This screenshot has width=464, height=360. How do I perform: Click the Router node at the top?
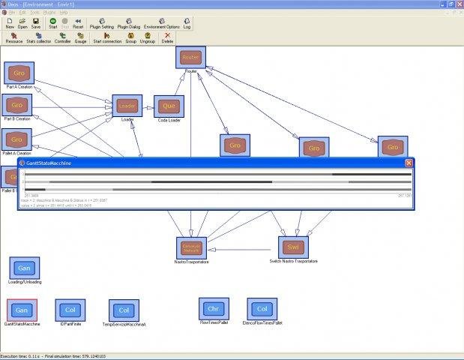point(191,57)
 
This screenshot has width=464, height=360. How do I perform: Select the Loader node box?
point(127,106)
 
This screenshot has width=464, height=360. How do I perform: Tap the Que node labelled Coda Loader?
point(169,106)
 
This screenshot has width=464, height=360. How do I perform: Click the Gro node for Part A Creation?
point(19,73)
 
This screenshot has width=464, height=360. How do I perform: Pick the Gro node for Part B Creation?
point(18,105)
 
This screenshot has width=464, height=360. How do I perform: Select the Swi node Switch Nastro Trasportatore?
point(292,247)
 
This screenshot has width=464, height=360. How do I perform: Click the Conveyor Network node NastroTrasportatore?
point(192,247)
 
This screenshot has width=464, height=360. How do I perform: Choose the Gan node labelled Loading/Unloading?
point(24,268)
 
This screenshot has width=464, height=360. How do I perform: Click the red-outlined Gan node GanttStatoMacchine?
point(22,310)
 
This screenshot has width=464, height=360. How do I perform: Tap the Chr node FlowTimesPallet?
point(213,308)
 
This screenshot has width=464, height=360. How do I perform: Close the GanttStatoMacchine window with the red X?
point(409,163)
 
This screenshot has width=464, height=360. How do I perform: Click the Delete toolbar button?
point(167,37)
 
